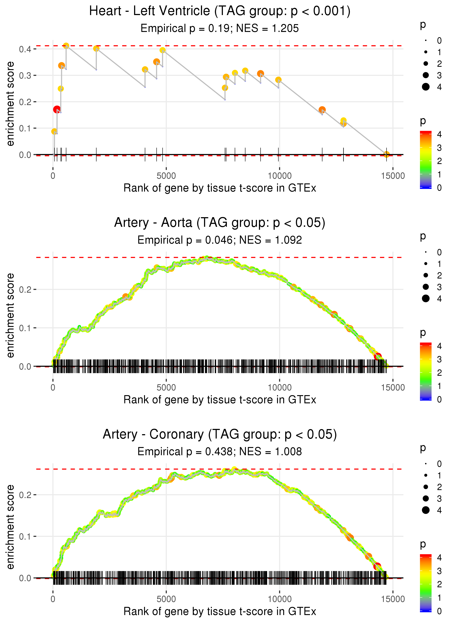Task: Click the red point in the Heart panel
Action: (x=57, y=109)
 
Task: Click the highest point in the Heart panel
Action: (x=66, y=46)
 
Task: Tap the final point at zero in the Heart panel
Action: (x=386, y=154)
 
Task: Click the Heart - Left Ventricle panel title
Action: (x=220, y=11)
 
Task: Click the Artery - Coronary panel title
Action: (x=220, y=434)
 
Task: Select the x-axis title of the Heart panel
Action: (x=220, y=188)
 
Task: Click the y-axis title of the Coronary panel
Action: (x=10, y=527)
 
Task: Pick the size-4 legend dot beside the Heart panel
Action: (x=426, y=87)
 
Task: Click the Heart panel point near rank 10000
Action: (x=278, y=80)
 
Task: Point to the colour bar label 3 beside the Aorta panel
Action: (x=439, y=359)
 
